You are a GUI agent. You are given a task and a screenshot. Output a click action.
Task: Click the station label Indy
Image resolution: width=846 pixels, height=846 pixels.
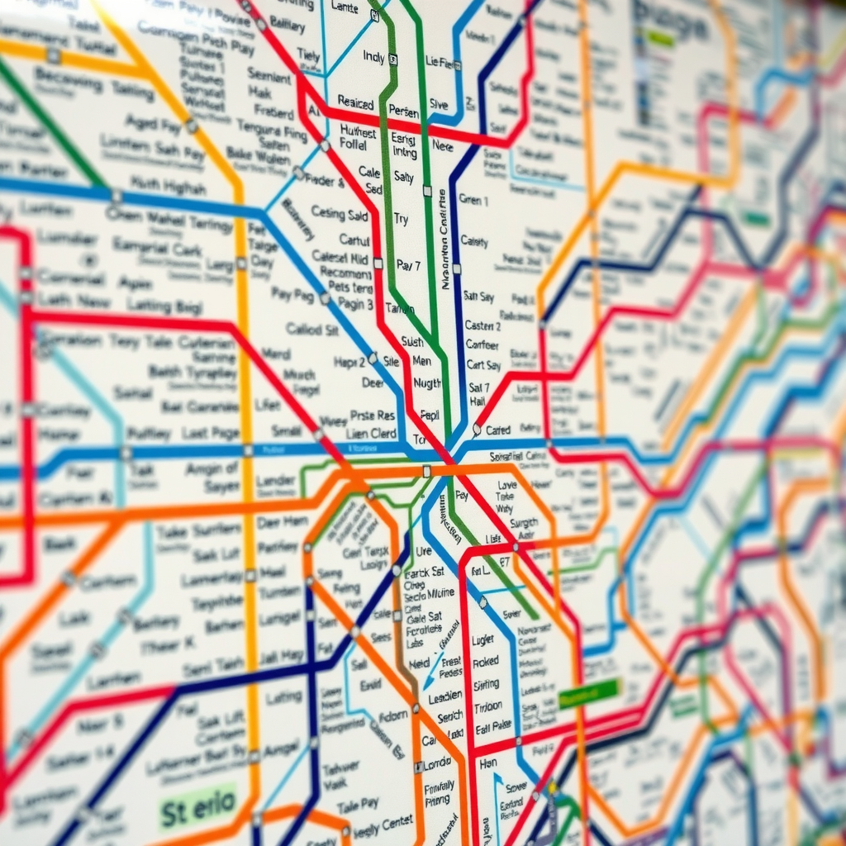tap(373, 57)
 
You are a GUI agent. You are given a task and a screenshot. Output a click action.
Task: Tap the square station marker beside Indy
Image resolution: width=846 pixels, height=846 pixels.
tap(393, 59)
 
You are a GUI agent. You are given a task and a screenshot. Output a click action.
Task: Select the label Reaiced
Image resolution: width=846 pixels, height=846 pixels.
tap(355, 102)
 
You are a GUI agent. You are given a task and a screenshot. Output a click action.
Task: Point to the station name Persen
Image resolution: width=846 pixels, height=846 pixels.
tap(403, 110)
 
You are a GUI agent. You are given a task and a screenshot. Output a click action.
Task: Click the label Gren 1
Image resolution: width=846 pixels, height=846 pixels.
tap(473, 200)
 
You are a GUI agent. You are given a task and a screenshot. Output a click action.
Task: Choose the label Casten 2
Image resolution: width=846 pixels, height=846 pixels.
tap(482, 326)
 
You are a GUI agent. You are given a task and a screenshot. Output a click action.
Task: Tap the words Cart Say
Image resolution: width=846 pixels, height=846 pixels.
tap(483, 365)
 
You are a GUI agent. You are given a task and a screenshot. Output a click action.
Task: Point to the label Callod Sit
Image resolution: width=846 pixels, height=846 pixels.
tap(312, 329)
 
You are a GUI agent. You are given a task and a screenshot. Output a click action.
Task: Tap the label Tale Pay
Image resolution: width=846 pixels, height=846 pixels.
tap(358, 803)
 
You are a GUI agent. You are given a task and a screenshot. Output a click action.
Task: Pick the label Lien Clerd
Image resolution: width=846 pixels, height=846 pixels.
tap(372, 433)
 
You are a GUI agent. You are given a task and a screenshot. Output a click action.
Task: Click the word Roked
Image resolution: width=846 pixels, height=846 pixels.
tap(485, 662)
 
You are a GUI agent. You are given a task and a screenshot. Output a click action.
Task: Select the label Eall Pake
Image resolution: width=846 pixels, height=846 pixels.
tap(494, 728)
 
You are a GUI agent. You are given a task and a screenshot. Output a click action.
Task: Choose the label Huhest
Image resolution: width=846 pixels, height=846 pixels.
tap(358, 131)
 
